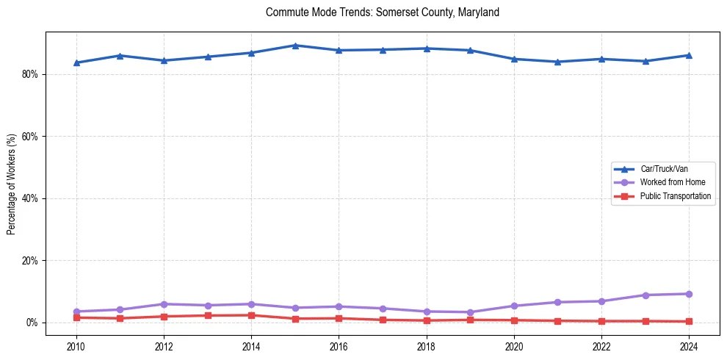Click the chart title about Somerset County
383,12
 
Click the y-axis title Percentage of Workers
11,184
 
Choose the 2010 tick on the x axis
76,346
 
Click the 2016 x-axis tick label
339,346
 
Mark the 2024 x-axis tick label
689,346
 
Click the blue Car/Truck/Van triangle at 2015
295,46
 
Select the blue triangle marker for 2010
76,62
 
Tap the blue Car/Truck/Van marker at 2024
689,55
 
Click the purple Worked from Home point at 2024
689,294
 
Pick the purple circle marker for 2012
164,304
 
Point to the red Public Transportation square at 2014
251,315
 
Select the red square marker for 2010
76,317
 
